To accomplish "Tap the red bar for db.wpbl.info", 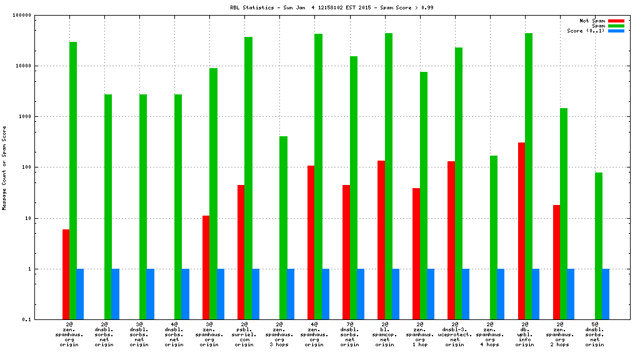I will (521, 231).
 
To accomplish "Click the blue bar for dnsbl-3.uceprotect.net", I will (466, 294).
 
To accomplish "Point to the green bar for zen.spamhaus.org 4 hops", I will (493, 237).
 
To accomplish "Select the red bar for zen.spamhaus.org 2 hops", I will (556, 262).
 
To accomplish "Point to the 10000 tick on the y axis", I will (41, 66).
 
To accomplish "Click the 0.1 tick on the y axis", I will (44, 320).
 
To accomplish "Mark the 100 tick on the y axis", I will (43, 167).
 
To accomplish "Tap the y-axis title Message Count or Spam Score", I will (4, 167).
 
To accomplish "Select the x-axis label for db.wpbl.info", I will (525, 334).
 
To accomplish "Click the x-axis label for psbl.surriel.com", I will (244, 334).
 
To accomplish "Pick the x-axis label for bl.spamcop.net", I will (384, 334).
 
